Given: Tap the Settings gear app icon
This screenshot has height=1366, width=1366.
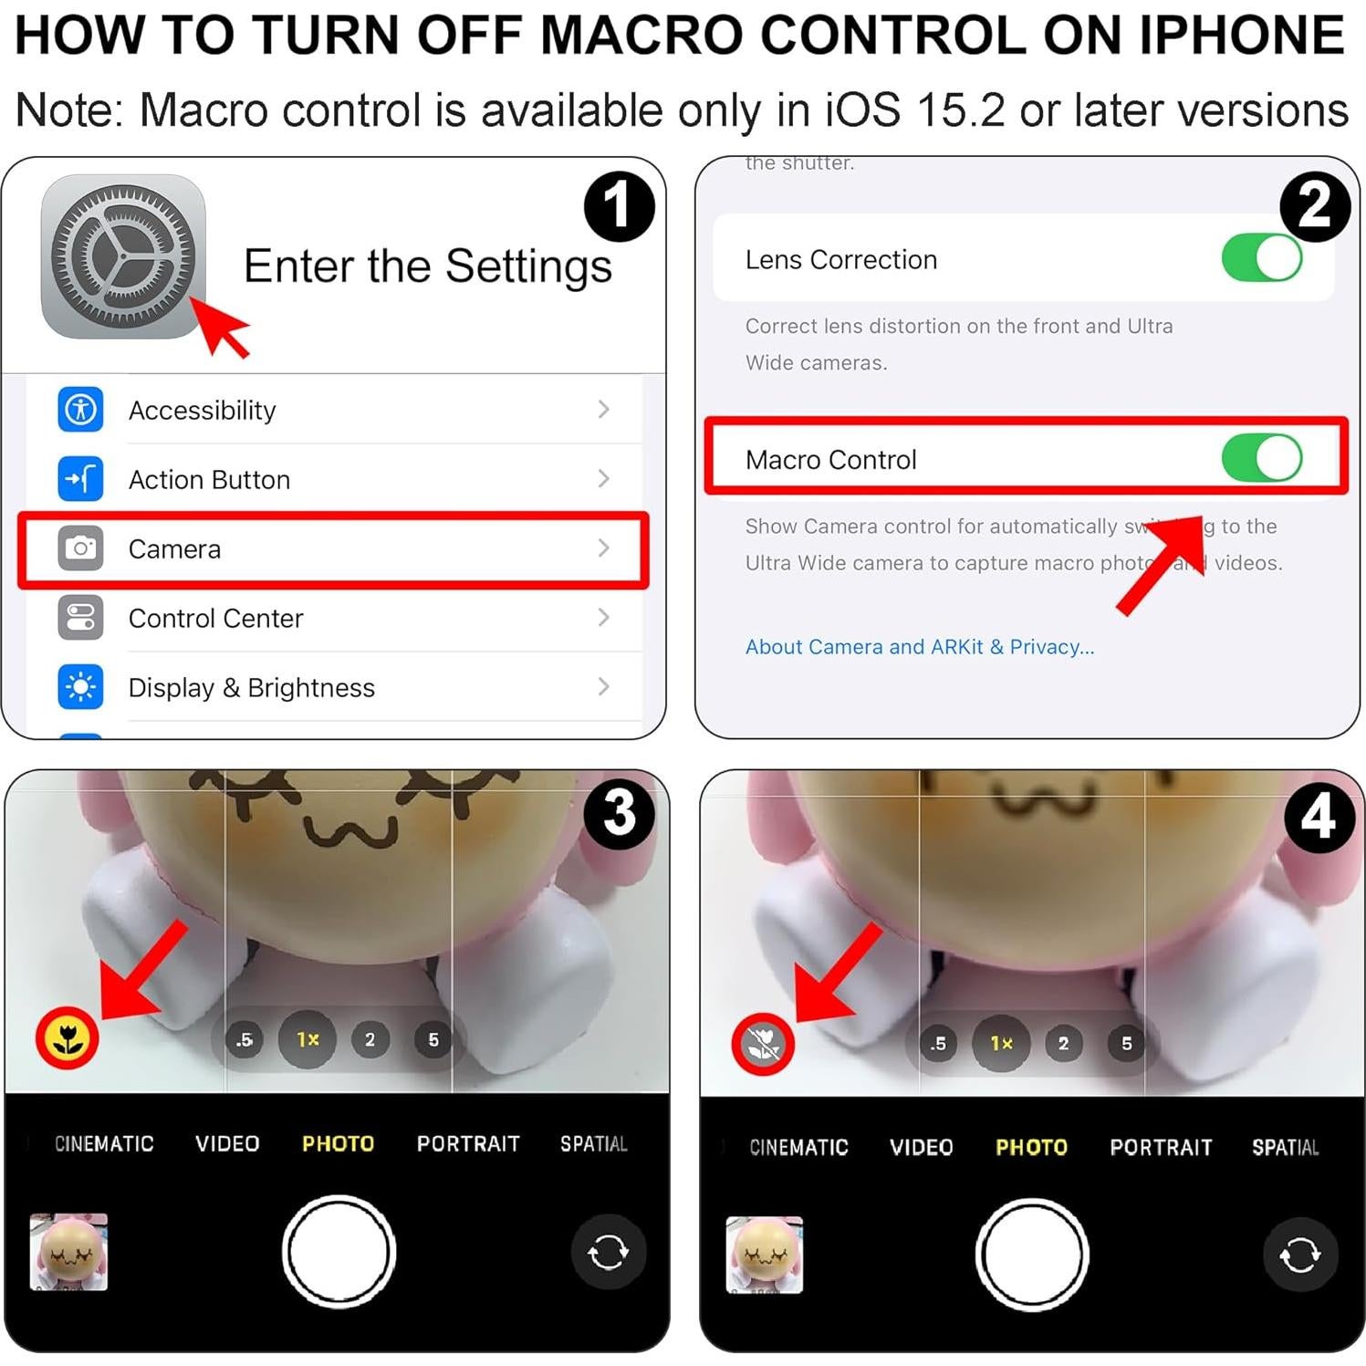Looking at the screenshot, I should coord(123,256).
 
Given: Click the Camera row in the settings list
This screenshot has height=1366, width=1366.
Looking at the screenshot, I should coord(333,549).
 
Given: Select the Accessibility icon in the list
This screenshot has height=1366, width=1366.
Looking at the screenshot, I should coord(80,410).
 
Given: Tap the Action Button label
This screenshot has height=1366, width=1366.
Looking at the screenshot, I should coord(209,480).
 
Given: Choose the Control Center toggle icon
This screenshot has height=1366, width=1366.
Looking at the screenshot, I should coord(80,618).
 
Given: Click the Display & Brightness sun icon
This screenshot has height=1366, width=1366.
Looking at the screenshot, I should coord(80,687).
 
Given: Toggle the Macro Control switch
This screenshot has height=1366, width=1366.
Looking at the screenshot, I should coord(1261,458).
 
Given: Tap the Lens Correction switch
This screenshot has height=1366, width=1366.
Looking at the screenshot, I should coord(1261,258).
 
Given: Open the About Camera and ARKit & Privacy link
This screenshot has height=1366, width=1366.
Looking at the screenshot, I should coord(919,647).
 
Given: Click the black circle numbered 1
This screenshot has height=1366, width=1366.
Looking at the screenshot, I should coord(619,206).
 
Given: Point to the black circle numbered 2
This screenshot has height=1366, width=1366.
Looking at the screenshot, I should coord(1314,206).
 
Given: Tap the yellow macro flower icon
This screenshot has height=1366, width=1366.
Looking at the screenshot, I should coord(67,1038).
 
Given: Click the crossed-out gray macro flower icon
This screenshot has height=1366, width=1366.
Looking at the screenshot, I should coord(763,1044).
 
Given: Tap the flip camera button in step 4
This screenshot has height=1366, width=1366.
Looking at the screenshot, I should coord(1299,1255).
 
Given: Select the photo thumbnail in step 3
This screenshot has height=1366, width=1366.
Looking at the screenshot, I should coord(68,1252).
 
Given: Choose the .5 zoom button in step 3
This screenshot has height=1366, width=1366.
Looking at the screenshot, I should coord(245,1039).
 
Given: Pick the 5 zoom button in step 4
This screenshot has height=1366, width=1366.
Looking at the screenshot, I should coord(1126,1044).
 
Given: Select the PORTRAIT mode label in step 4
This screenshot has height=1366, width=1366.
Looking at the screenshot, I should coord(1161,1147).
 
